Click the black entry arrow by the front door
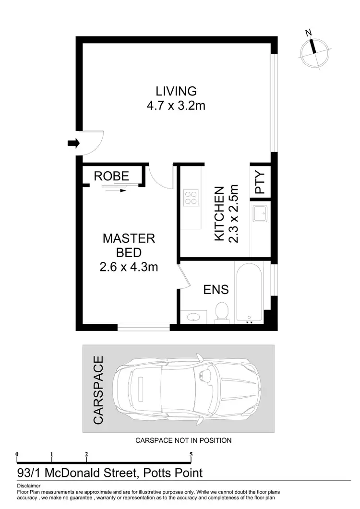[73, 142]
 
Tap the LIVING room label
[176, 91]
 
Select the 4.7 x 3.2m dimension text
[176, 105]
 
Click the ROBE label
[111, 176]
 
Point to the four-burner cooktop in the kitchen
[191, 198]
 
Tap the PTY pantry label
[260, 183]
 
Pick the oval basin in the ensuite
[194, 317]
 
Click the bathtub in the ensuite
[249, 293]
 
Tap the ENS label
[216, 289]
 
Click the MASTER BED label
[129, 245]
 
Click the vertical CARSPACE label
[98, 390]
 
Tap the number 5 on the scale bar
[191, 454]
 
